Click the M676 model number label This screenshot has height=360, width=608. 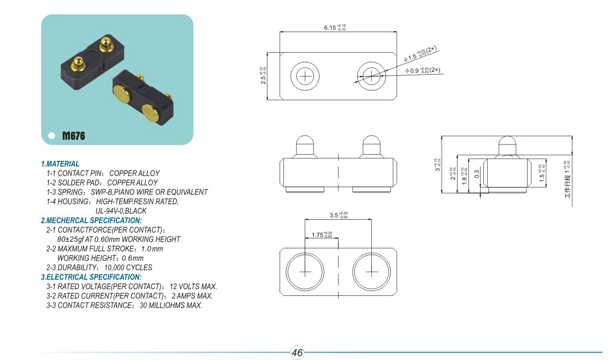(x=74, y=135)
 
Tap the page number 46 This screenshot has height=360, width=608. (x=297, y=352)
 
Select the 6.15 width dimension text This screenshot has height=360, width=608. (x=335, y=28)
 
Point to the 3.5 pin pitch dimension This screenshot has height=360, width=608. (x=338, y=215)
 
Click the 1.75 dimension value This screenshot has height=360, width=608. (x=321, y=235)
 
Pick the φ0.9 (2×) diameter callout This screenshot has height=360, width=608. (x=423, y=70)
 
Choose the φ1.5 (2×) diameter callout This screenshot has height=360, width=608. (x=420, y=54)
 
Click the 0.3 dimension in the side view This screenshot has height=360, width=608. (x=477, y=174)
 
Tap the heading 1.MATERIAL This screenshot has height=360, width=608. (x=60, y=164)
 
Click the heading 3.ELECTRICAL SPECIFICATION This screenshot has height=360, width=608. (x=91, y=277)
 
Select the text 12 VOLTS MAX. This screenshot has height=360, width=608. (x=193, y=286)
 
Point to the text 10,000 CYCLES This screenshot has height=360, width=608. (x=128, y=268)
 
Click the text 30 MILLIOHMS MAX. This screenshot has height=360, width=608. (x=171, y=305)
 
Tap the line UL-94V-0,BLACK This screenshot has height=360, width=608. (x=121, y=211)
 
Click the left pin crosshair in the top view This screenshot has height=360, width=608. (x=305, y=76)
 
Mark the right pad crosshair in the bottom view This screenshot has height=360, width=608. (x=372, y=271)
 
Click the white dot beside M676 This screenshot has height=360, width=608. (x=52, y=135)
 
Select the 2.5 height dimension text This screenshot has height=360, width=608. (x=263, y=76)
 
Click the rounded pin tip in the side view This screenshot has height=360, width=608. (x=507, y=140)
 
